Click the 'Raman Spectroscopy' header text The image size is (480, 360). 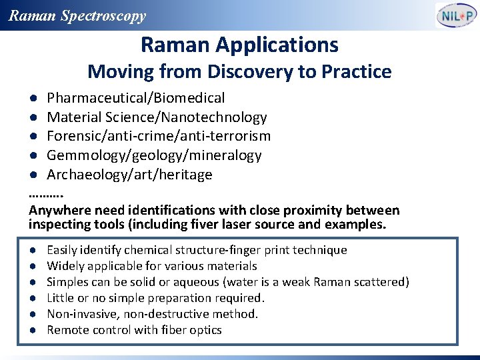pos(77,16)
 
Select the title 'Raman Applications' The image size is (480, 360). pos(239,45)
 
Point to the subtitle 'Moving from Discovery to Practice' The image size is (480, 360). pos(239,71)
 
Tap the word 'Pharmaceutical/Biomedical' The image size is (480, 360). pos(135,98)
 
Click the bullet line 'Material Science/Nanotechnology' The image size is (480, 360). pos(157,117)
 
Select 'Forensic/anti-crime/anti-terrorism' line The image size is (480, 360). pos(159,136)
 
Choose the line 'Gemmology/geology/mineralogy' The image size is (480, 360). pos(154,155)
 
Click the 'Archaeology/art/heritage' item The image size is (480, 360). pos(129,175)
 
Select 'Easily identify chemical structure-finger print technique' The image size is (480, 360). pos(197,250)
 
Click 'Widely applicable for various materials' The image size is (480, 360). pos(152,266)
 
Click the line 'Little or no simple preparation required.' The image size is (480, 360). pos(156,298)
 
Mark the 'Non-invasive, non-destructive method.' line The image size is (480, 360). pos(152,314)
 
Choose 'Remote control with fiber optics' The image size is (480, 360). pos(134,330)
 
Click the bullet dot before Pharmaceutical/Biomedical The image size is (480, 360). pos(33,99)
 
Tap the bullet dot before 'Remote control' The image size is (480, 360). pos(33,331)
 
